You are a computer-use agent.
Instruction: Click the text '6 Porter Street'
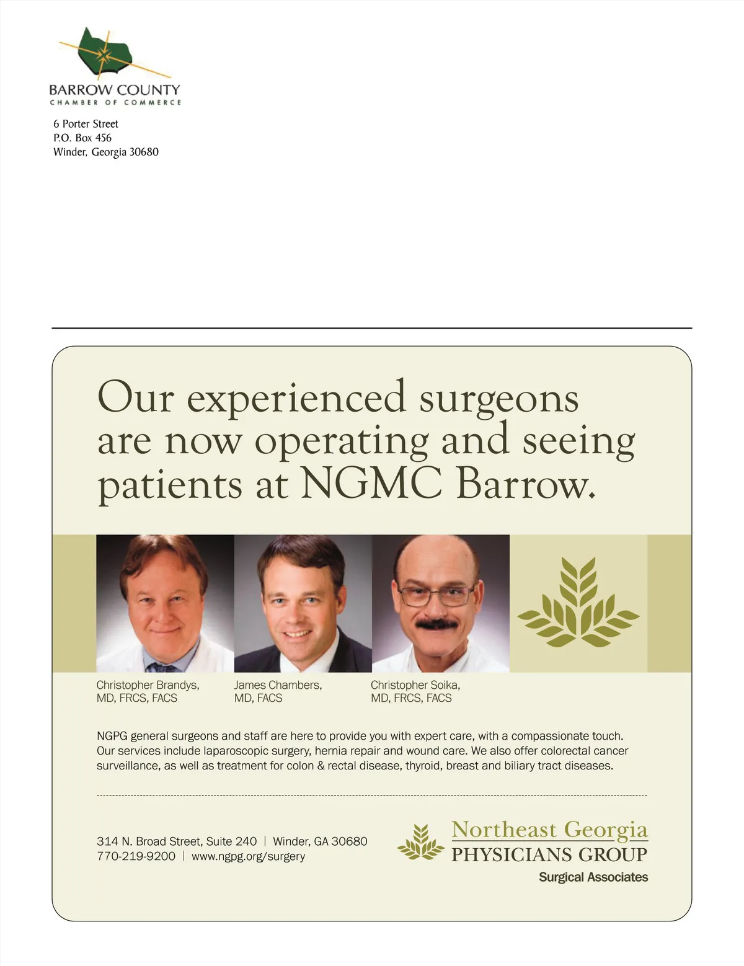[x=86, y=124]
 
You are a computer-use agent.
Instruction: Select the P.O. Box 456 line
[x=82, y=138]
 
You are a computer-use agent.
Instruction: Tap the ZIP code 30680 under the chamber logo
[x=144, y=152]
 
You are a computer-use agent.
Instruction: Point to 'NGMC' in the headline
[x=371, y=484]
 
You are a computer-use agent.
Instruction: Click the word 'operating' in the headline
[x=342, y=441]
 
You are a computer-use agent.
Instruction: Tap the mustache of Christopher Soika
[x=436, y=623]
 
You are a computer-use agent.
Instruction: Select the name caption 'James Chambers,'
[x=278, y=685]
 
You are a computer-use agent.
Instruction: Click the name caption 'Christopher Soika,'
[x=415, y=685]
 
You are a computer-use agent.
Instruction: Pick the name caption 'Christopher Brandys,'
[x=148, y=685]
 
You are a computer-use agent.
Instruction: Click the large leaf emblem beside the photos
[x=578, y=603]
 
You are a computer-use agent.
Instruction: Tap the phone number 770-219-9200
[x=136, y=856]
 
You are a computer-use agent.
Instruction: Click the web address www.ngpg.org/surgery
[x=248, y=856]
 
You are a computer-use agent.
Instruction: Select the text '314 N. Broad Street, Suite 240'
[x=177, y=841]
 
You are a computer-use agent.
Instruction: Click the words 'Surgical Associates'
[x=593, y=877]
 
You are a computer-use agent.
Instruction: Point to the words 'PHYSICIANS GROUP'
[x=549, y=855]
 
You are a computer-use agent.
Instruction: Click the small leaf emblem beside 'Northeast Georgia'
[x=421, y=842]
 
